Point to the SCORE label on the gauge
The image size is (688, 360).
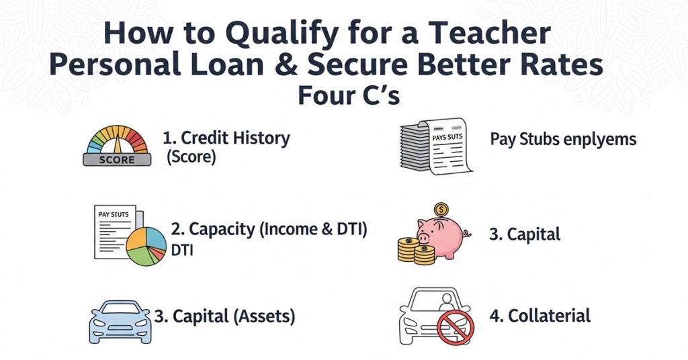117,160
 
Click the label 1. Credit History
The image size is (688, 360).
226,139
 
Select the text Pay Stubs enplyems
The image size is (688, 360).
563,140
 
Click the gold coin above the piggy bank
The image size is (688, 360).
441,210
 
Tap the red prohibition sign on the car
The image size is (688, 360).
455,329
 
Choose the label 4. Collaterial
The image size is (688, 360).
540,316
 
